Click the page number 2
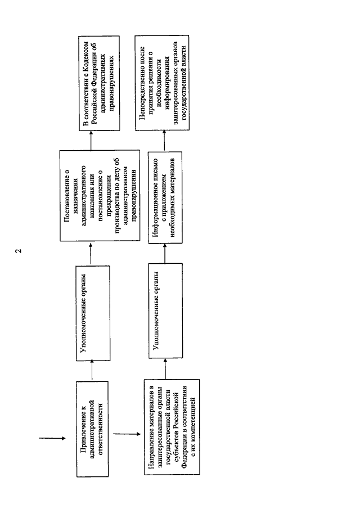click(19, 251)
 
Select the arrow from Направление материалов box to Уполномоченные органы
click(165, 368)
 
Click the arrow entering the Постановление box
click(91, 254)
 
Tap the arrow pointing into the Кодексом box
click(91, 140)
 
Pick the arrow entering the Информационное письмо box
click(165, 254)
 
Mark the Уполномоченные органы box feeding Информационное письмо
click(165, 310)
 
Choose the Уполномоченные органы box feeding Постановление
click(93, 314)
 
